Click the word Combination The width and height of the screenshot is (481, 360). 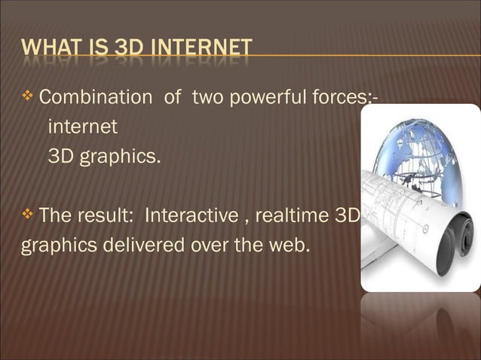coord(95,97)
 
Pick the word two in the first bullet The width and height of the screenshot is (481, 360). coord(207,97)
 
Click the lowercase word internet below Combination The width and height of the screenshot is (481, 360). coord(83,127)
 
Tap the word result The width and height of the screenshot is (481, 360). coord(106,217)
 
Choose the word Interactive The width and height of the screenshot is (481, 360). coord(195,217)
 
